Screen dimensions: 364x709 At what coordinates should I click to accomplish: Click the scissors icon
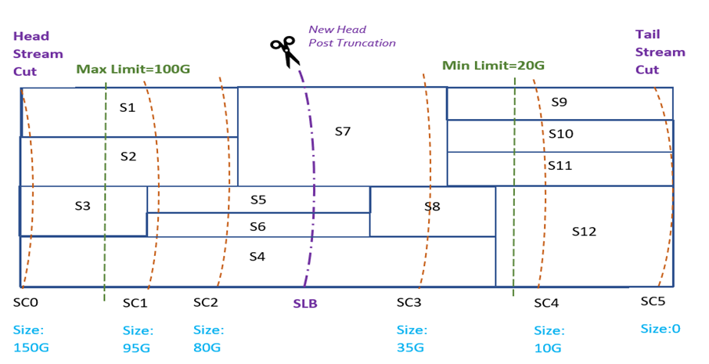coord(283,51)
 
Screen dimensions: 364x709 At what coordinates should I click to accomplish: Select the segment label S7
coord(343,132)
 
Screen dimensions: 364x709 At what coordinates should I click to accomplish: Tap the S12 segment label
coord(584,231)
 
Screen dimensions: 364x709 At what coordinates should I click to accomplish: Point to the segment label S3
coord(83,206)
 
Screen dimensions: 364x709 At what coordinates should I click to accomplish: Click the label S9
coord(559,102)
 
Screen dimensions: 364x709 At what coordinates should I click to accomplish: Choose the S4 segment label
coord(257,256)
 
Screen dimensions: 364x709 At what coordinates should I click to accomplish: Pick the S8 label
coord(432,207)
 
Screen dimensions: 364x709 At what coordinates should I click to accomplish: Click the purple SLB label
coord(304,304)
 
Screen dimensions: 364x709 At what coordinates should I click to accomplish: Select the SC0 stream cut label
coord(26,301)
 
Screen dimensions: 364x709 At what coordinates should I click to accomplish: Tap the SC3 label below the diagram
coord(408,302)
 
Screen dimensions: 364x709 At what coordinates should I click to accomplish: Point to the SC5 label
coord(653,301)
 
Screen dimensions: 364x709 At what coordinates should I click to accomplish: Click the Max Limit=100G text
coord(133,70)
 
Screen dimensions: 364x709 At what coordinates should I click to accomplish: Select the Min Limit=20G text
coord(493,65)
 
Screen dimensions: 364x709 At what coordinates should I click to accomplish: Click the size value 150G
coord(31,347)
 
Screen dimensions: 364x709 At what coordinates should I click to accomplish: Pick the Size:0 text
coord(659,329)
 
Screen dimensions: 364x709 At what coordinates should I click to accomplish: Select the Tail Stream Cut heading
coord(660,52)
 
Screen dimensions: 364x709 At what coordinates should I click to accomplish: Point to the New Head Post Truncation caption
coord(351,36)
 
